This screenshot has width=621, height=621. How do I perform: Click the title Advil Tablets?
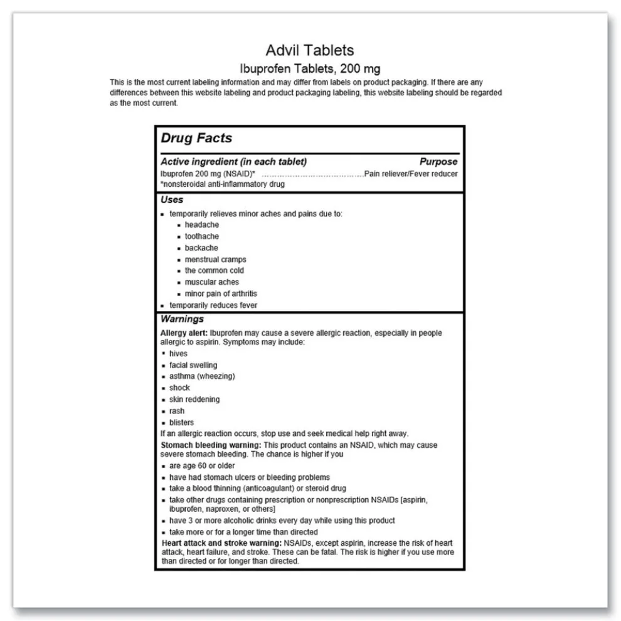pyautogui.click(x=310, y=50)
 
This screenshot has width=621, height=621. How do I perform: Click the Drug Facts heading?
pyautogui.click(x=196, y=138)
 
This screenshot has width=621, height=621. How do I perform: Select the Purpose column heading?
pyautogui.click(x=438, y=162)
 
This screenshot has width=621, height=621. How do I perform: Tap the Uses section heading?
pyautogui.click(x=172, y=199)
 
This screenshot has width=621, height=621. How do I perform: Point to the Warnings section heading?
pyautogui.click(x=182, y=319)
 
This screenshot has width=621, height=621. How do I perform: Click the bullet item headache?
pyautogui.click(x=201, y=225)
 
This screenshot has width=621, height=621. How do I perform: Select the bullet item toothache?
pyautogui.click(x=201, y=236)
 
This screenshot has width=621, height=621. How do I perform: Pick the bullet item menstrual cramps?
pyautogui.click(x=215, y=259)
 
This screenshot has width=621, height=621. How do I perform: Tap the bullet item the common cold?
pyautogui.click(x=214, y=270)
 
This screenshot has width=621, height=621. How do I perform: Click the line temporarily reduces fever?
pyautogui.click(x=213, y=305)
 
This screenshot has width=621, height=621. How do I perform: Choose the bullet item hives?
pyautogui.click(x=178, y=354)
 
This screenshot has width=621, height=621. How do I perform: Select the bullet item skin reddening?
pyautogui.click(x=194, y=400)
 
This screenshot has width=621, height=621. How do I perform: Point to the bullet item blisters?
pyautogui.click(x=181, y=423)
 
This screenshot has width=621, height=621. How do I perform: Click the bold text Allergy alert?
pyautogui.click(x=184, y=333)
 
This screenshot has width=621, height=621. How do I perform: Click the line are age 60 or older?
pyautogui.click(x=202, y=465)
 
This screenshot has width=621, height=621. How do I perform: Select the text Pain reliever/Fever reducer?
pyautogui.click(x=411, y=174)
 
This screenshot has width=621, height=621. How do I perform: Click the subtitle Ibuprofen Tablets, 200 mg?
pyautogui.click(x=310, y=68)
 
